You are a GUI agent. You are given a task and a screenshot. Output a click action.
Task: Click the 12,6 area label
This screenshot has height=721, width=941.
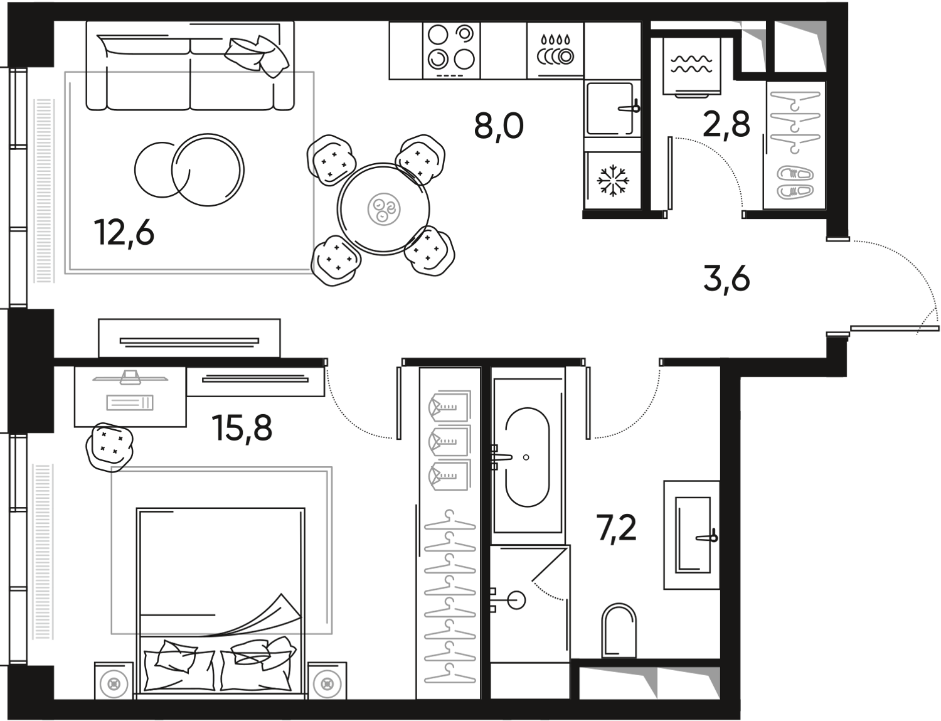124,233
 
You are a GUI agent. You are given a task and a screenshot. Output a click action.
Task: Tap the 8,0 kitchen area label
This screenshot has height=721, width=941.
499,126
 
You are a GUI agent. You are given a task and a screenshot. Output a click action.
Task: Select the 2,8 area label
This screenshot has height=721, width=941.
726,124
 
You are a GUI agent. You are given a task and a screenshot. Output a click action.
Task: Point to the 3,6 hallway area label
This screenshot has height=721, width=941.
726,280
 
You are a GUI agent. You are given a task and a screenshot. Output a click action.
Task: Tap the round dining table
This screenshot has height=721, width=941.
383,209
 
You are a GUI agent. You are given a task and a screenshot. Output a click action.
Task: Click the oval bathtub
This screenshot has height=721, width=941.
528,457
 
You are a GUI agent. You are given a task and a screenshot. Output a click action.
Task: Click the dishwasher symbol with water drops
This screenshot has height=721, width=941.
556,50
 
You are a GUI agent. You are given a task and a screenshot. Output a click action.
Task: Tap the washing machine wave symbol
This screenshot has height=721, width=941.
691,63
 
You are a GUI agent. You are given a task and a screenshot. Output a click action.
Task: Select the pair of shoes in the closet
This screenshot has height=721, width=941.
795,183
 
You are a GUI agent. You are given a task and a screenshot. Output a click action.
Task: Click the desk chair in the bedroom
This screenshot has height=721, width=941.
110,446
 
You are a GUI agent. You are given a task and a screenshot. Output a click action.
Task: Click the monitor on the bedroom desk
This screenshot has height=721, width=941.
130,377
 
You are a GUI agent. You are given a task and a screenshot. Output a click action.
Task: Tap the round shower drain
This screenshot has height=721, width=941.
516,600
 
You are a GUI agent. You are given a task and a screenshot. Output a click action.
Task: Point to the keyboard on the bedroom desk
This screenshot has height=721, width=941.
130,403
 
